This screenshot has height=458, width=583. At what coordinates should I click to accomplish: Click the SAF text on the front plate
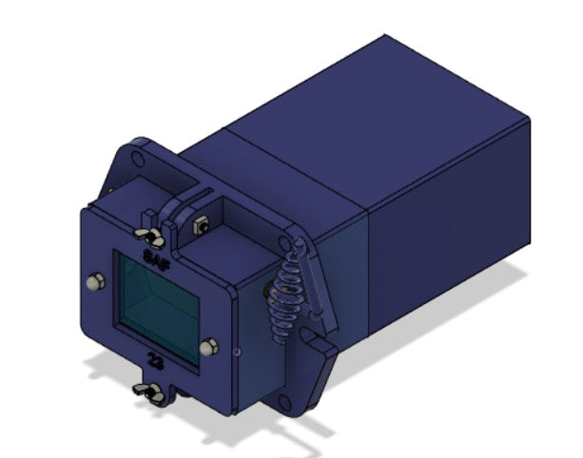152,257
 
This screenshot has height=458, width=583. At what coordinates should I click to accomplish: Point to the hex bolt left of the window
94,282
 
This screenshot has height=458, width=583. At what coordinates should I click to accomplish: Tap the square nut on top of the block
202,226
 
